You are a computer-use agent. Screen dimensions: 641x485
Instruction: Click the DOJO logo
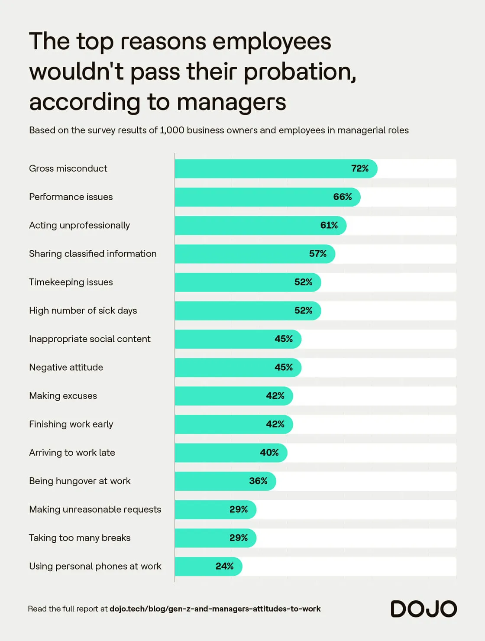[424, 609]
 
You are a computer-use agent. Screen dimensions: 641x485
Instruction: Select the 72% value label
[359, 168]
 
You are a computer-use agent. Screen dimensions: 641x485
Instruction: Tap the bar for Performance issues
[267, 197]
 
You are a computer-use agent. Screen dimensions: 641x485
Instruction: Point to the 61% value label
[329, 225]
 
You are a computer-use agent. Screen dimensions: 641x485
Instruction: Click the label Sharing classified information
[93, 254]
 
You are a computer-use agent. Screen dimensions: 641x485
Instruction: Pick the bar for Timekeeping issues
[248, 282]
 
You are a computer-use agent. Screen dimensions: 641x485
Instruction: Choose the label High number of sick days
[83, 311]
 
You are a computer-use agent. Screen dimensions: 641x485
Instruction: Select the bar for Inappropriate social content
[238, 339]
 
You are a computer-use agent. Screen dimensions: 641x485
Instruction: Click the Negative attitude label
[66, 367]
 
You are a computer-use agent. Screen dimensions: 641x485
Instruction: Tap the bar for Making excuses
[233, 396]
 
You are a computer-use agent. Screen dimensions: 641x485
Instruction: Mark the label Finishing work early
[71, 424]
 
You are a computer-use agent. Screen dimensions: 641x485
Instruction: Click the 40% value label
[269, 453]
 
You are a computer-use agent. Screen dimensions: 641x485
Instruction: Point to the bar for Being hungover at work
[225, 481]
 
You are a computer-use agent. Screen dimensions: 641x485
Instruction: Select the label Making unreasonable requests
[95, 509]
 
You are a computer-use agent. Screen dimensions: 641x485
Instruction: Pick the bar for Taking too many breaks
[215, 538]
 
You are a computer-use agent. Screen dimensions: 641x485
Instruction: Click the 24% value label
[224, 566]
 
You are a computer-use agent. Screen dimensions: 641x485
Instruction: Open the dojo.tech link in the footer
[215, 609]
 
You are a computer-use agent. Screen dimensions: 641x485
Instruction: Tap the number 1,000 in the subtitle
[172, 130]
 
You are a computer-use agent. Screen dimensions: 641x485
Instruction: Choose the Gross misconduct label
[68, 168]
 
